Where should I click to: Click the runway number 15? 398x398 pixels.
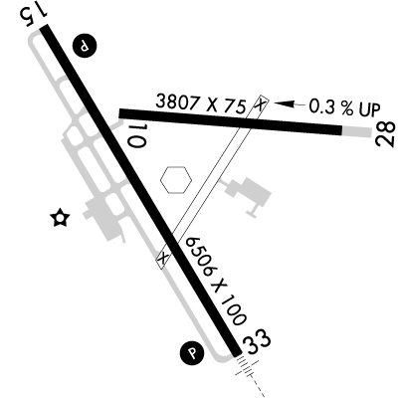tap(34, 14)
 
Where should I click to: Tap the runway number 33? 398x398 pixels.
tap(258, 342)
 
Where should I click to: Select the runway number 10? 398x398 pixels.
tap(137, 136)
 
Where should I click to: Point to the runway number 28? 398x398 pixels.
tap(385, 133)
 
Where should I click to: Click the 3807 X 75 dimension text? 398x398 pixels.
tap(201, 102)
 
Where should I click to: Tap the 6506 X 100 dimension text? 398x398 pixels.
tap(216, 281)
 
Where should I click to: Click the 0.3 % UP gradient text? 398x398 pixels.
tap(344, 107)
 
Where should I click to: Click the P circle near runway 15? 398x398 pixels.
tap(85, 46)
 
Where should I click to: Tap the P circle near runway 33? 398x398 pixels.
tap(192, 353)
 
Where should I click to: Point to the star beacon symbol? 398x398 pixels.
tap(60, 218)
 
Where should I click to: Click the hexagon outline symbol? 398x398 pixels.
tap(176, 179)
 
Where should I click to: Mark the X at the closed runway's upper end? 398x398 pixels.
tap(261, 103)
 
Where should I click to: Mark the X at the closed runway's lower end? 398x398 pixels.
tap(163, 258)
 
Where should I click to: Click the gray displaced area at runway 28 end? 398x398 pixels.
tap(356, 131)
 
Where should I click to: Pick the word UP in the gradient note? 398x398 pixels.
tap(369, 109)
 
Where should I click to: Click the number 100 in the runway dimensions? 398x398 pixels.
tap(235, 309)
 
